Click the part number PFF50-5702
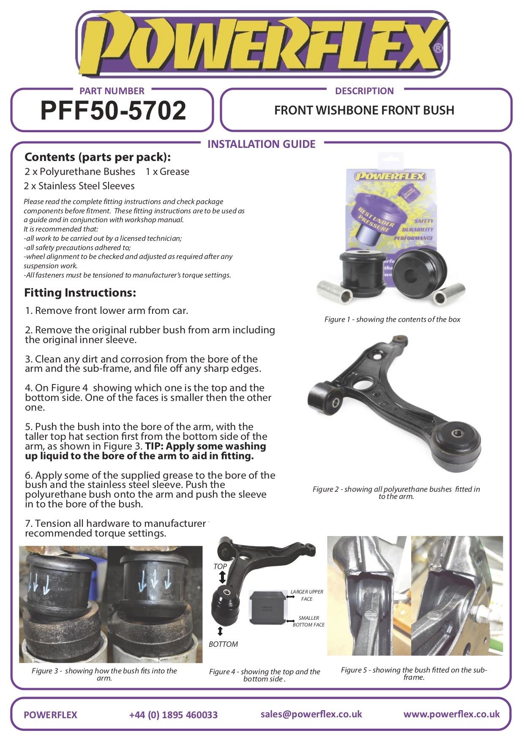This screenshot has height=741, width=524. click(113, 111)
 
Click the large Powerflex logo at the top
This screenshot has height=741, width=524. click(262, 45)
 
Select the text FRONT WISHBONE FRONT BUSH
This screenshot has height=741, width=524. click(364, 110)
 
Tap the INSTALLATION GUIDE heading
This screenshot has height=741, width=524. click(261, 144)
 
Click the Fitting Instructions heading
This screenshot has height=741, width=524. click(80, 292)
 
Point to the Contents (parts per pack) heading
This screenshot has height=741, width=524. click(98, 157)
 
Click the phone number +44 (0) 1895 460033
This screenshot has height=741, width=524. click(173, 714)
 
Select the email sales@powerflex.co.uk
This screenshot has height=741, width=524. click(311, 714)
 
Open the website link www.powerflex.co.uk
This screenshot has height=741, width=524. click(451, 714)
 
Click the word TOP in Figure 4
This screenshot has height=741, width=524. click(220, 566)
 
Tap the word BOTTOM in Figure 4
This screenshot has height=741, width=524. click(223, 644)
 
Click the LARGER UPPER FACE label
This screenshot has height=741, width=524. click(307, 595)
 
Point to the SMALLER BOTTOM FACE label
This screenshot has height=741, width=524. click(308, 621)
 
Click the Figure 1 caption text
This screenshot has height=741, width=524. click(392, 319)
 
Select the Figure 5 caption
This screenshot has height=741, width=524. click(414, 673)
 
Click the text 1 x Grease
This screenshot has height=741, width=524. click(167, 172)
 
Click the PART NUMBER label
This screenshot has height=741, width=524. click(112, 91)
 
